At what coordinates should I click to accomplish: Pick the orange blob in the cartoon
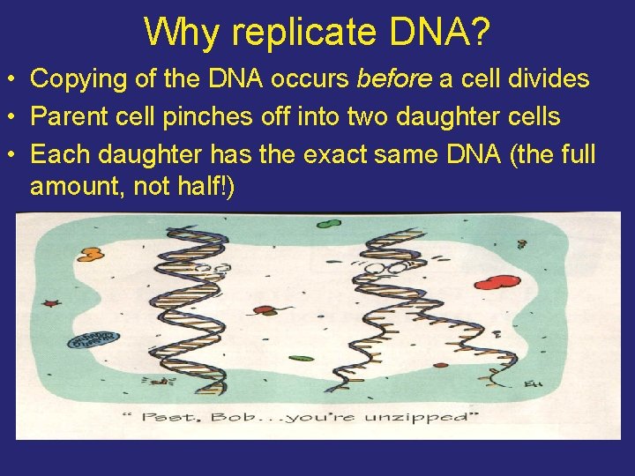tap(89, 255)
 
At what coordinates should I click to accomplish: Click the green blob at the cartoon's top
tap(327, 222)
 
